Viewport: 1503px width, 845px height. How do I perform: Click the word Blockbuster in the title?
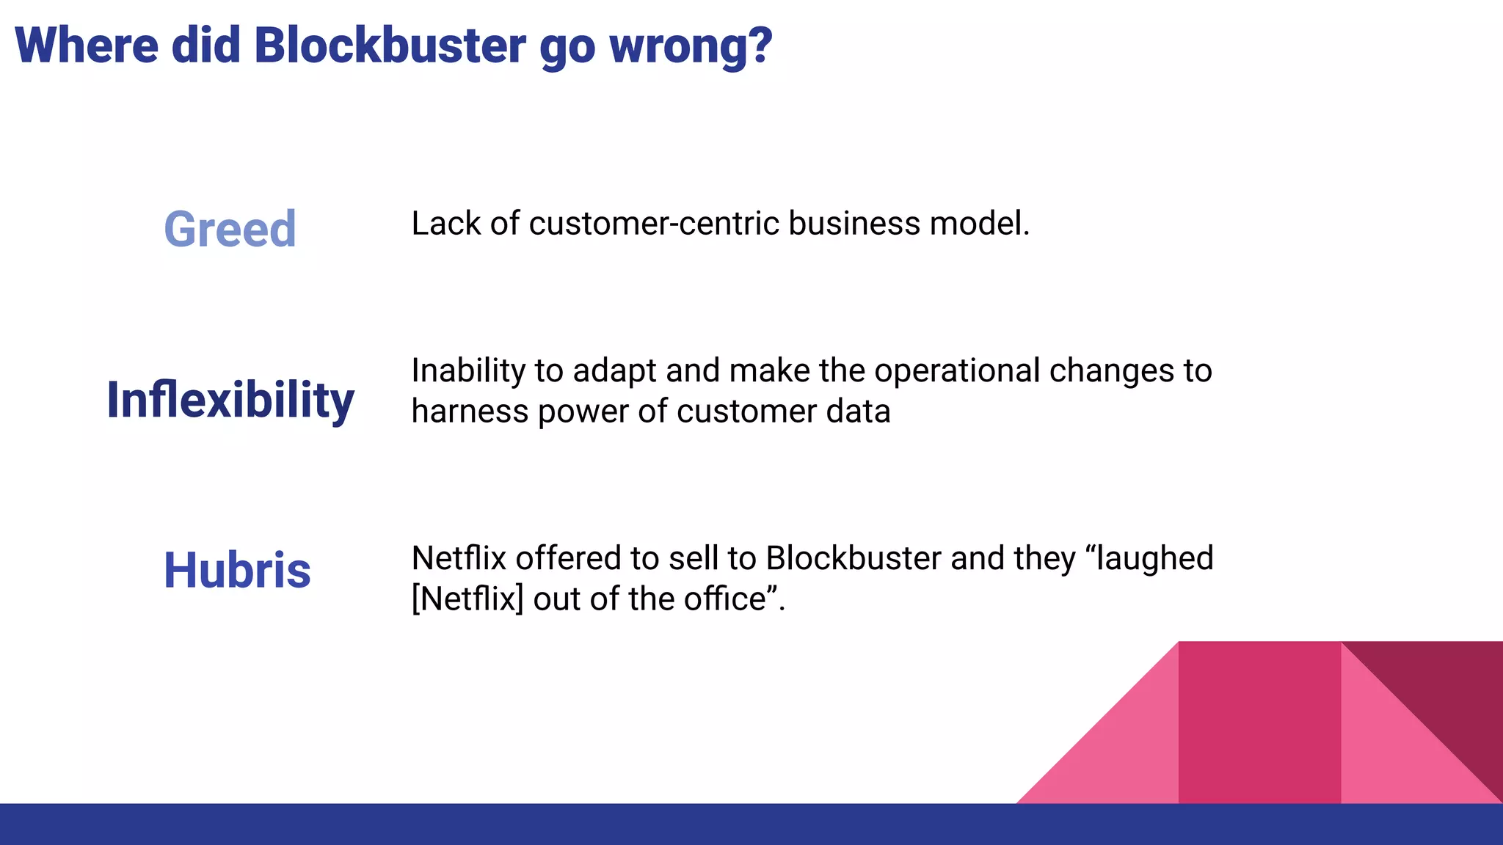390,45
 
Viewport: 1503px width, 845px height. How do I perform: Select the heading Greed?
230,229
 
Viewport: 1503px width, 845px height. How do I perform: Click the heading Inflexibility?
230,400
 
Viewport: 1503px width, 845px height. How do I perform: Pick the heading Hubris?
237,571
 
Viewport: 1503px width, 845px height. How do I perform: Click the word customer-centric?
653,224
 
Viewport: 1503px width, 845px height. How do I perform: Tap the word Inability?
468,371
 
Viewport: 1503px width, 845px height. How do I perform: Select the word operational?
957,371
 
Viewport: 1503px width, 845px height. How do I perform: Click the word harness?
470,411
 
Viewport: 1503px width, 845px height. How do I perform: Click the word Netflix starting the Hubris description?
459,559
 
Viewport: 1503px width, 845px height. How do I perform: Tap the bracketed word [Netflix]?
467,599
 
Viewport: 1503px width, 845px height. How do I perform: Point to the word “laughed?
1149,559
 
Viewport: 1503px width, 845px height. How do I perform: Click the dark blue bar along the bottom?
751,824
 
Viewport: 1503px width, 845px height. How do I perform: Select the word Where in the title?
87,45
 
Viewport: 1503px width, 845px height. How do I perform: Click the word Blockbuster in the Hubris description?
854,559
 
